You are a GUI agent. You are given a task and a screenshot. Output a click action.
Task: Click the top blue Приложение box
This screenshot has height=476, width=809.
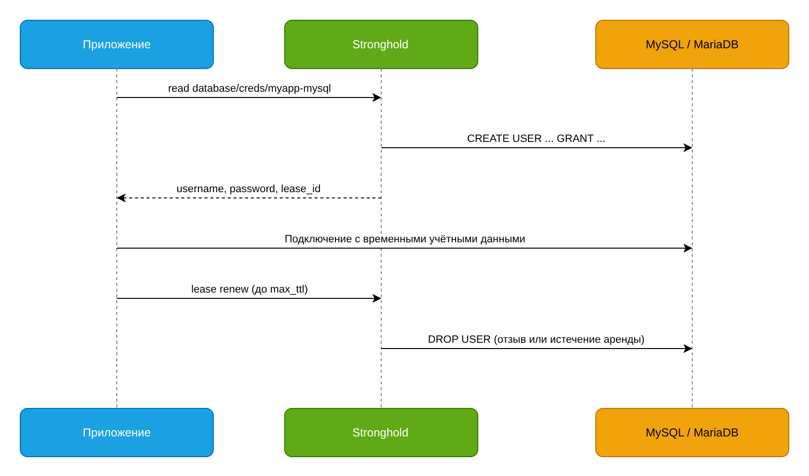pos(117,44)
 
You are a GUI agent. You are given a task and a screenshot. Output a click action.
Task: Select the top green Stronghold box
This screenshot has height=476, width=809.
pos(381,44)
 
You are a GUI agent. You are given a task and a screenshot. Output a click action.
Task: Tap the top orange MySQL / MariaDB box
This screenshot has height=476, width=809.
pos(692,44)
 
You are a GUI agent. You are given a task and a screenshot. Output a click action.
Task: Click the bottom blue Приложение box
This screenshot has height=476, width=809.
pos(117,433)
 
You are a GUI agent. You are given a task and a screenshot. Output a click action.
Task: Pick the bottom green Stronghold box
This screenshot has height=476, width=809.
pos(381,433)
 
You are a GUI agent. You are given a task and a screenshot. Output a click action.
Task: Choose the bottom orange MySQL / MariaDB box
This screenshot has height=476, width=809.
pos(692,433)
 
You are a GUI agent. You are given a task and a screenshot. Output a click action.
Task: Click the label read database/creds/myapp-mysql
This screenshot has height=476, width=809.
pos(249,88)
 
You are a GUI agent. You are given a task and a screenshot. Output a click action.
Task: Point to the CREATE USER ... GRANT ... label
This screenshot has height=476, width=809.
pos(536,139)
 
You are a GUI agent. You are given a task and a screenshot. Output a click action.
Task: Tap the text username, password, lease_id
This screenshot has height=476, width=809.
pos(249,189)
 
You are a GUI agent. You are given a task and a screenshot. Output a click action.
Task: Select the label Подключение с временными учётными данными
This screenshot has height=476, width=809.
pos(405,238)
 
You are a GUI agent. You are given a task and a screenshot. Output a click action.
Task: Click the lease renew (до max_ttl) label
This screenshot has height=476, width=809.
pos(249,289)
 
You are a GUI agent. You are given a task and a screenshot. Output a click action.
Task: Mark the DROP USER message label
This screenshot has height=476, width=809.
pos(536,339)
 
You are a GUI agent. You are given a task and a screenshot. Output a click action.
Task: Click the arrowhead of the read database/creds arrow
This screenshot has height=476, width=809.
pos(377,98)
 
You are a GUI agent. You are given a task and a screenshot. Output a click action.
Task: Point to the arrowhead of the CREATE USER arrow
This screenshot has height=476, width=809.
pos(688,148)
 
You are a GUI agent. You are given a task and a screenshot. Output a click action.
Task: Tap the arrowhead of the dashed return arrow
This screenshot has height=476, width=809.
pos(121,198)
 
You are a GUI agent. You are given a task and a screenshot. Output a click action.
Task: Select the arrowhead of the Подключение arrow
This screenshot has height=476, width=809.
pos(688,248)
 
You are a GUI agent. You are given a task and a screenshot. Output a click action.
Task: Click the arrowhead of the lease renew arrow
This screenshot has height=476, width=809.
pos(377,298)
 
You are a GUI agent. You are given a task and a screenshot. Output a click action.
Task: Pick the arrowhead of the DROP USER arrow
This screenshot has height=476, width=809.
pos(688,349)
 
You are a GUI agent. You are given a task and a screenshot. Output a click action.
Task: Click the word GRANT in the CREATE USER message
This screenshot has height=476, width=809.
pos(575,139)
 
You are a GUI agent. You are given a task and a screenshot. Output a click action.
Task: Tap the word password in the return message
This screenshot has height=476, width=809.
pos(252,189)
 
